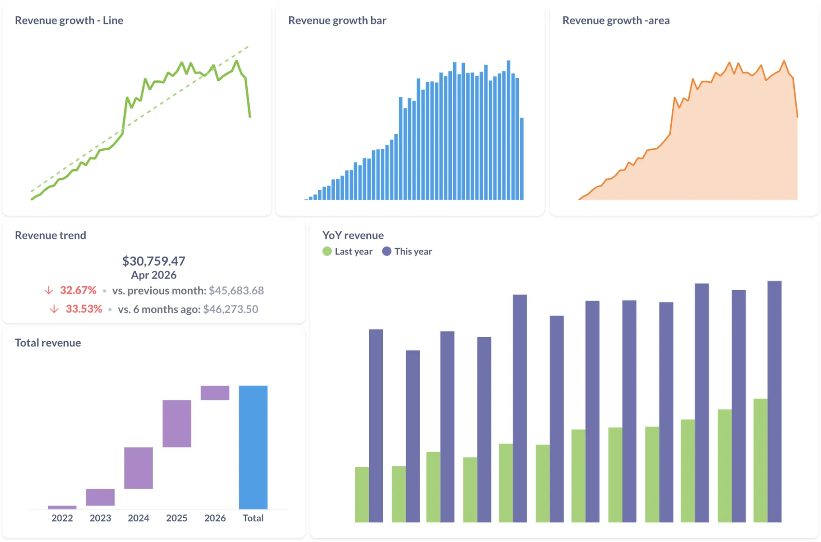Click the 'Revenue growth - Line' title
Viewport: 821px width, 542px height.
tap(69, 21)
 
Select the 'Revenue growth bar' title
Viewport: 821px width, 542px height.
tap(337, 21)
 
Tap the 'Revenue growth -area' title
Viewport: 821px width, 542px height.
tap(616, 21)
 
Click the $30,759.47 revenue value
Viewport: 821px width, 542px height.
tap(154, 261)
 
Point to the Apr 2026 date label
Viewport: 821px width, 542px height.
tap(154, 275)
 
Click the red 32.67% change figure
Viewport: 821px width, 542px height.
tap(78, 290)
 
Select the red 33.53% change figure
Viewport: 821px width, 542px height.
tap(84, 309)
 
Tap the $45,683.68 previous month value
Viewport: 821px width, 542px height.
tap(236, 291)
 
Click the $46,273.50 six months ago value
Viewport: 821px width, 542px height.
tap(230, 309)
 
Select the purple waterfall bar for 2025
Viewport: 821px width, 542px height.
tap(177, 423)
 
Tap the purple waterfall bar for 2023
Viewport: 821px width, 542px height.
tap(100, 497)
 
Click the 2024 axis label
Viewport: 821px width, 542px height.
tap(138, 518)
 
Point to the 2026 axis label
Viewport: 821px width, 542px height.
tap(215, 518)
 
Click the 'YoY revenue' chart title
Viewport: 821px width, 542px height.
tap(353, 235)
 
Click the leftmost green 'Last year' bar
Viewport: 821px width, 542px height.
tap(361, 494)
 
